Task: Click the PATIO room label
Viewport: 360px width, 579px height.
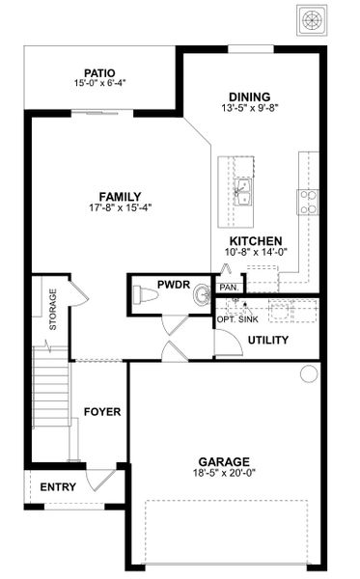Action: pyautogui.click(x=99, y=71)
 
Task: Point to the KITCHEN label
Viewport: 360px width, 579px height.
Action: pyautogui.click(x=255, y=241)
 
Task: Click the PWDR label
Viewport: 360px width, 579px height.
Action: pyautogui.click(x=176, y=284)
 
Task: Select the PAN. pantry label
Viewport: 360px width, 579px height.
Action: pyautogui.click(x=230, y=288)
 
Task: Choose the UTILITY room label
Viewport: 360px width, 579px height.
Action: pyautogui.click(x=268, y=341)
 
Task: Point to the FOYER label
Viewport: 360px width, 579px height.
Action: pyautogui.click(x=102, y=412)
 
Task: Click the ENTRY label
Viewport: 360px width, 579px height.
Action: pyautogui.click(x=57, y=487)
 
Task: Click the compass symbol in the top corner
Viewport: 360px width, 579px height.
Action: pyautogui.click(x=312, y=19)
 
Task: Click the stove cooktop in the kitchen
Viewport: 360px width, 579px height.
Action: pyautogui.click(x=309, y=201)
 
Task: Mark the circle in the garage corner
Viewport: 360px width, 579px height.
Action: pyautogui.click(x=309, y=373)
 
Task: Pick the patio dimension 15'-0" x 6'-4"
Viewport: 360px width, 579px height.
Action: pyautogui.click(x=99, y=83)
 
